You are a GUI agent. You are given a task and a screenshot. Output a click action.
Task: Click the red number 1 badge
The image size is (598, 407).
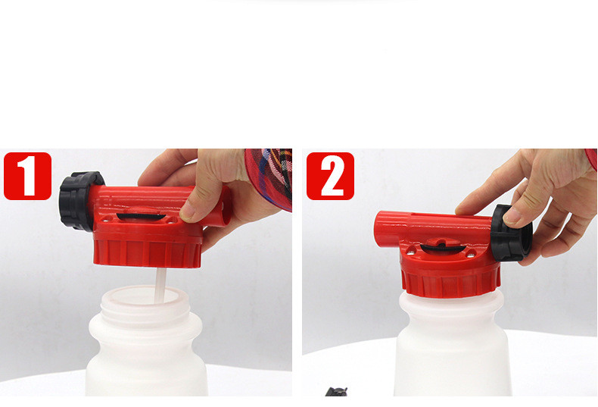tap(27, 176)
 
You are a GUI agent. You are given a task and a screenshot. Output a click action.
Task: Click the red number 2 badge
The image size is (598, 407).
tap(330, 176)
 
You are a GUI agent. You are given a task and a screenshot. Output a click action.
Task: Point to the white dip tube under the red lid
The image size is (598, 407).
tap(160, 285)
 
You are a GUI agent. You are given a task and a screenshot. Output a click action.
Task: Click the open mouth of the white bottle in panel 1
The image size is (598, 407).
tap(145, 296)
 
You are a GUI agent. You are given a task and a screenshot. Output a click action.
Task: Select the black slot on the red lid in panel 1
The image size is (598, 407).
tap(142, 217)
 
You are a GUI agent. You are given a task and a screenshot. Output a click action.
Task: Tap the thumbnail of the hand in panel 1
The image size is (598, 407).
tap(187, 211)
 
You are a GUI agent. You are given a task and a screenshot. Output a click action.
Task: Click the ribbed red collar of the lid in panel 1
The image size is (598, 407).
tap(147, 252)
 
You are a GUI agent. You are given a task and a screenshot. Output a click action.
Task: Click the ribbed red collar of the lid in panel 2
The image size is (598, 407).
tap(450, 282)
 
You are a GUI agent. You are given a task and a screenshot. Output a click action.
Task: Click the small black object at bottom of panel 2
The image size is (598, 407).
tap(336, 392)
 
